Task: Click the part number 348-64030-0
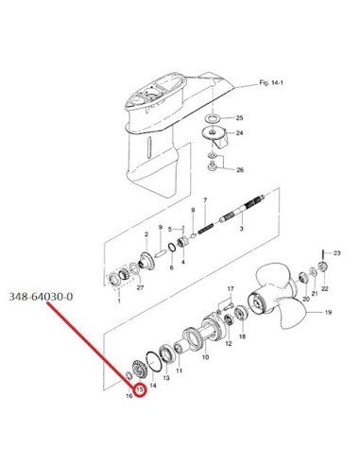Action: tap(41, 297)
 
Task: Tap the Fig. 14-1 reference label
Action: tap(271, 83)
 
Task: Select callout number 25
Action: tap(240, 118)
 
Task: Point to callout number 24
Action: tap(240, 133)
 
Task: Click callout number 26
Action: tap(240, 170)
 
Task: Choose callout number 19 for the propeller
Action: tap(328, 313)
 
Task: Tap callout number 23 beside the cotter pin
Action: tap(336, 253)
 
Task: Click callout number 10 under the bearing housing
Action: tap(205, 357)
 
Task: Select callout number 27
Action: tap(140, 287)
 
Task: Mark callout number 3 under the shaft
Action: tap(241, 229)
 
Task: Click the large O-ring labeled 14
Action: tap(153, 361)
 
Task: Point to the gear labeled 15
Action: tap(137, 369)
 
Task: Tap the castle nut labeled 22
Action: tap(321, 267)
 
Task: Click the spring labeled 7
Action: tap(206, 229)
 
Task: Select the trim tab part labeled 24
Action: tap(214, 136)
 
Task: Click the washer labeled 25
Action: tap(213, 119)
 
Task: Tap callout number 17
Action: tap(231, 288)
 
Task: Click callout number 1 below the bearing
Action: tap(119, 301)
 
